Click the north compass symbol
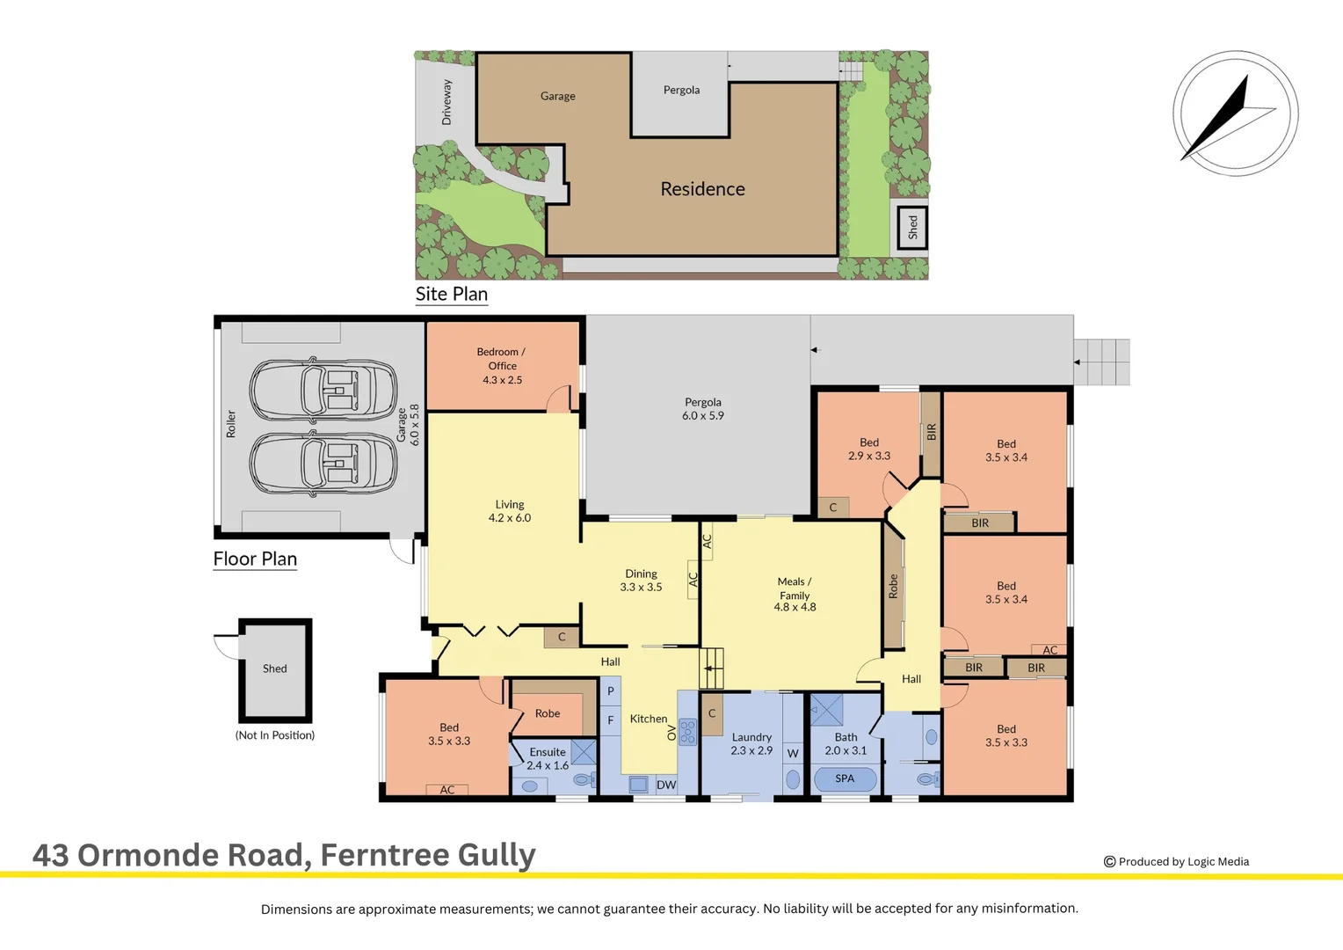tap(1236, 113)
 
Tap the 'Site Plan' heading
tap(452, 294)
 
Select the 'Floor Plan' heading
tap(255, 559)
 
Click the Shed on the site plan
tap(912, 228)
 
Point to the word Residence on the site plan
tap(702, 189)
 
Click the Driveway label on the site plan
tap(446, 102)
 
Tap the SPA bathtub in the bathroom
tap(845, 779)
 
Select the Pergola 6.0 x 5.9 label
tap(702, 409)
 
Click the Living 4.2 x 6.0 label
tap(510, 511)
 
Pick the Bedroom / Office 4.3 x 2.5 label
tap(503, 365)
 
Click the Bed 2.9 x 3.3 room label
tap(868, 449)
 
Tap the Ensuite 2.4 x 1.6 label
tap(548, 758)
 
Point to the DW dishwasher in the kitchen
tap(666, 785)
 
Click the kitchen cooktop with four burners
tap(687, 732)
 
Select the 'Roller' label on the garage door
tap(231, 424)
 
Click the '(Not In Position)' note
tap(274, 735)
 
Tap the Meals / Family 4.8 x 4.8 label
tap(795, 594)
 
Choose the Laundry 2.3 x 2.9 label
tap(751, 743)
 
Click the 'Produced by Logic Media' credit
tap(1176, 862)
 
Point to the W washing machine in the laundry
tap(793, 753)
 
